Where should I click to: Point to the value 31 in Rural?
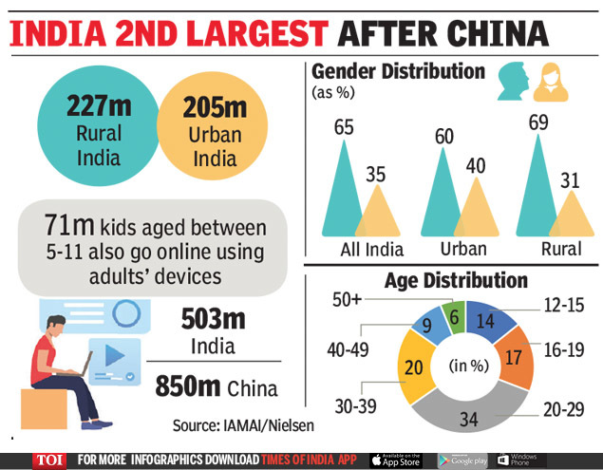570,180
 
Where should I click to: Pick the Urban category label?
463,251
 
